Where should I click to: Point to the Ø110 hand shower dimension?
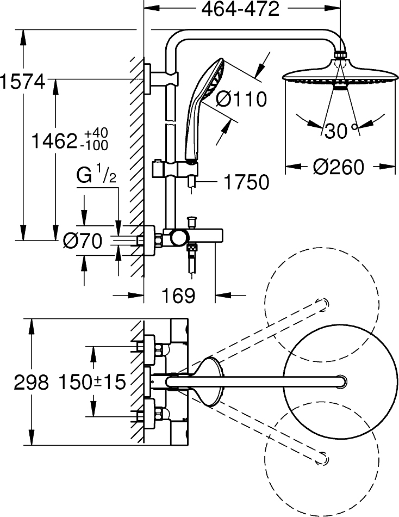(x=241, y=99)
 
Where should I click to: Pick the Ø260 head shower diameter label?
(x=339, y=167)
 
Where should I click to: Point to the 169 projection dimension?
(x=179, y=296)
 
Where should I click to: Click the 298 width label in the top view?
(x=31, y=382)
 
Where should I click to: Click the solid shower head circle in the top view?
(x=331, y=381)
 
